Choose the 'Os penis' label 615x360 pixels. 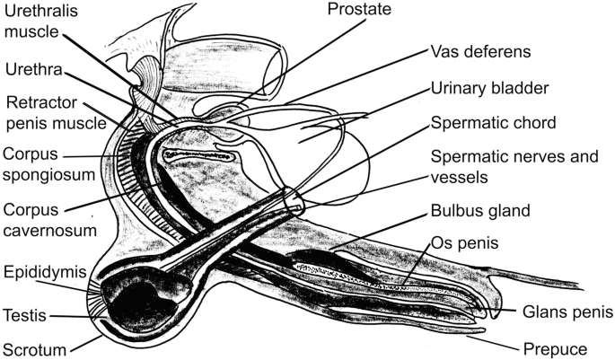(x=463, y=243)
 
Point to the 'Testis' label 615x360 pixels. (x=26, y=315)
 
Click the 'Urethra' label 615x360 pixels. (x=31, y=67)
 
